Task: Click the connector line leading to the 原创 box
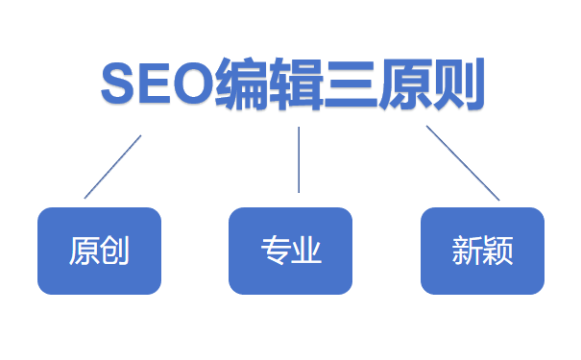113,166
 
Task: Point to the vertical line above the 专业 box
299,159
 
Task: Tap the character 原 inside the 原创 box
85,252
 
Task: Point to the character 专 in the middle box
276,252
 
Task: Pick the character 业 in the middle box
306,252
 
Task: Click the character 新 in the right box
468,252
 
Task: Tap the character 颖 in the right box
498,252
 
